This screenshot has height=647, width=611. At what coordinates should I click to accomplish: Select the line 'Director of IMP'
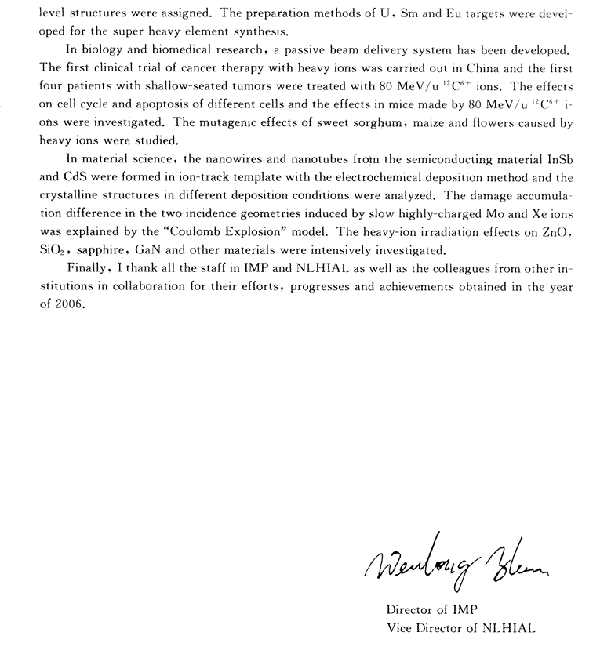coord(431,609)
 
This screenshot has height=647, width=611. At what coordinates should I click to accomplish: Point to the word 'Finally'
coord(88,269)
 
